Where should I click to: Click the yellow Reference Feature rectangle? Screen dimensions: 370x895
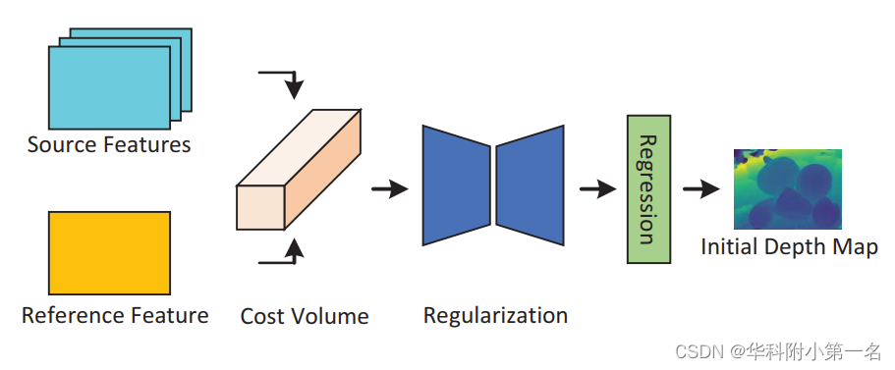[x=109, y=252]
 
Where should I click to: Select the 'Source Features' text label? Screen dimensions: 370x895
[x=109, y=145]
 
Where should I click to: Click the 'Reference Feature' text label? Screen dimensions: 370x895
[x=115, y=315]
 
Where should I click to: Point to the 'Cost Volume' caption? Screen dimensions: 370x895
[x=305, y=316]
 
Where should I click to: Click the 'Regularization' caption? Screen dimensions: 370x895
[x=495, y=315]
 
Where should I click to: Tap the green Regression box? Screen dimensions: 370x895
[x=648, y=188]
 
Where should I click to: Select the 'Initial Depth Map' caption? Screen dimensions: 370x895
[x=789, y=246]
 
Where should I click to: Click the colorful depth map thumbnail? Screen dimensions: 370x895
[x=788, y=189]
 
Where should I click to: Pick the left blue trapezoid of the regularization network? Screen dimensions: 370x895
[x=456, y=185]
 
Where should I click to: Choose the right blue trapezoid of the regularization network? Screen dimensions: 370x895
[x=531, y=185]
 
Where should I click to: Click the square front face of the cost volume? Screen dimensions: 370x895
[x=260, y=208]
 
